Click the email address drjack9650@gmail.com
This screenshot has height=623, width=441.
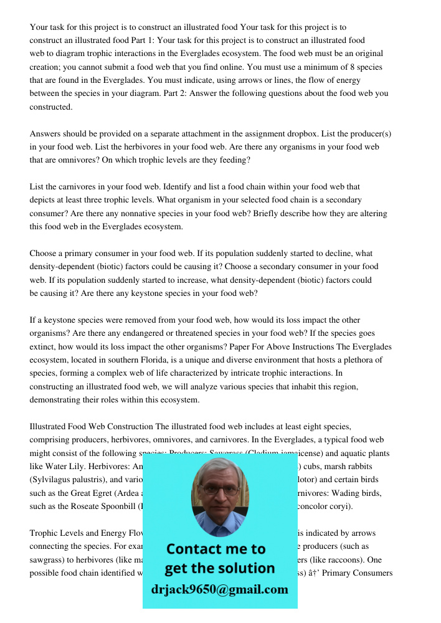point(219,589)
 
